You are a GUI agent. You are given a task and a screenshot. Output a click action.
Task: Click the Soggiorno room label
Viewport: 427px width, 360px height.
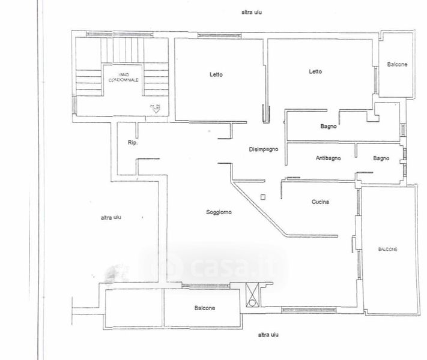click(219, 212)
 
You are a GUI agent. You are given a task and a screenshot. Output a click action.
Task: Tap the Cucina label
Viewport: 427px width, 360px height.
click(320, 202)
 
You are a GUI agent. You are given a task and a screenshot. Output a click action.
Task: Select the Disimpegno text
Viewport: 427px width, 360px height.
click(264, 149)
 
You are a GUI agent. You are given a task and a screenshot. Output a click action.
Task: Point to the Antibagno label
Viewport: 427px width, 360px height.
click(329, 158)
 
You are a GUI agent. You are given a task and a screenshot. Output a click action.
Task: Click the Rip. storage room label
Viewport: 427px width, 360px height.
click(133, 143)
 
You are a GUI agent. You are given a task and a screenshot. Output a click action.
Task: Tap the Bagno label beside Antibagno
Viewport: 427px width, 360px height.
click(381, 158)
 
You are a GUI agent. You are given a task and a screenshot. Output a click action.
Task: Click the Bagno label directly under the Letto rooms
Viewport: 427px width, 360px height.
click(328, 127)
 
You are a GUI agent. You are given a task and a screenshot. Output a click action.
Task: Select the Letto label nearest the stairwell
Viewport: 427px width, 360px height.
click(216, 75)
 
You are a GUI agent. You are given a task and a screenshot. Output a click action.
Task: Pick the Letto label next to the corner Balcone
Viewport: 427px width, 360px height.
click(315, 71)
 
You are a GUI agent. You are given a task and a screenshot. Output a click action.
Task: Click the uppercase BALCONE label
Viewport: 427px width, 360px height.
click(389, 249)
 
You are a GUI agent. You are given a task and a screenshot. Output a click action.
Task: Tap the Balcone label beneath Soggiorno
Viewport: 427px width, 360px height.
click(205, 308)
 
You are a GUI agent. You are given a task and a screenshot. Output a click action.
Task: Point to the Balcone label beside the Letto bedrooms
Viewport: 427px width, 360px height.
click(397, 65)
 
